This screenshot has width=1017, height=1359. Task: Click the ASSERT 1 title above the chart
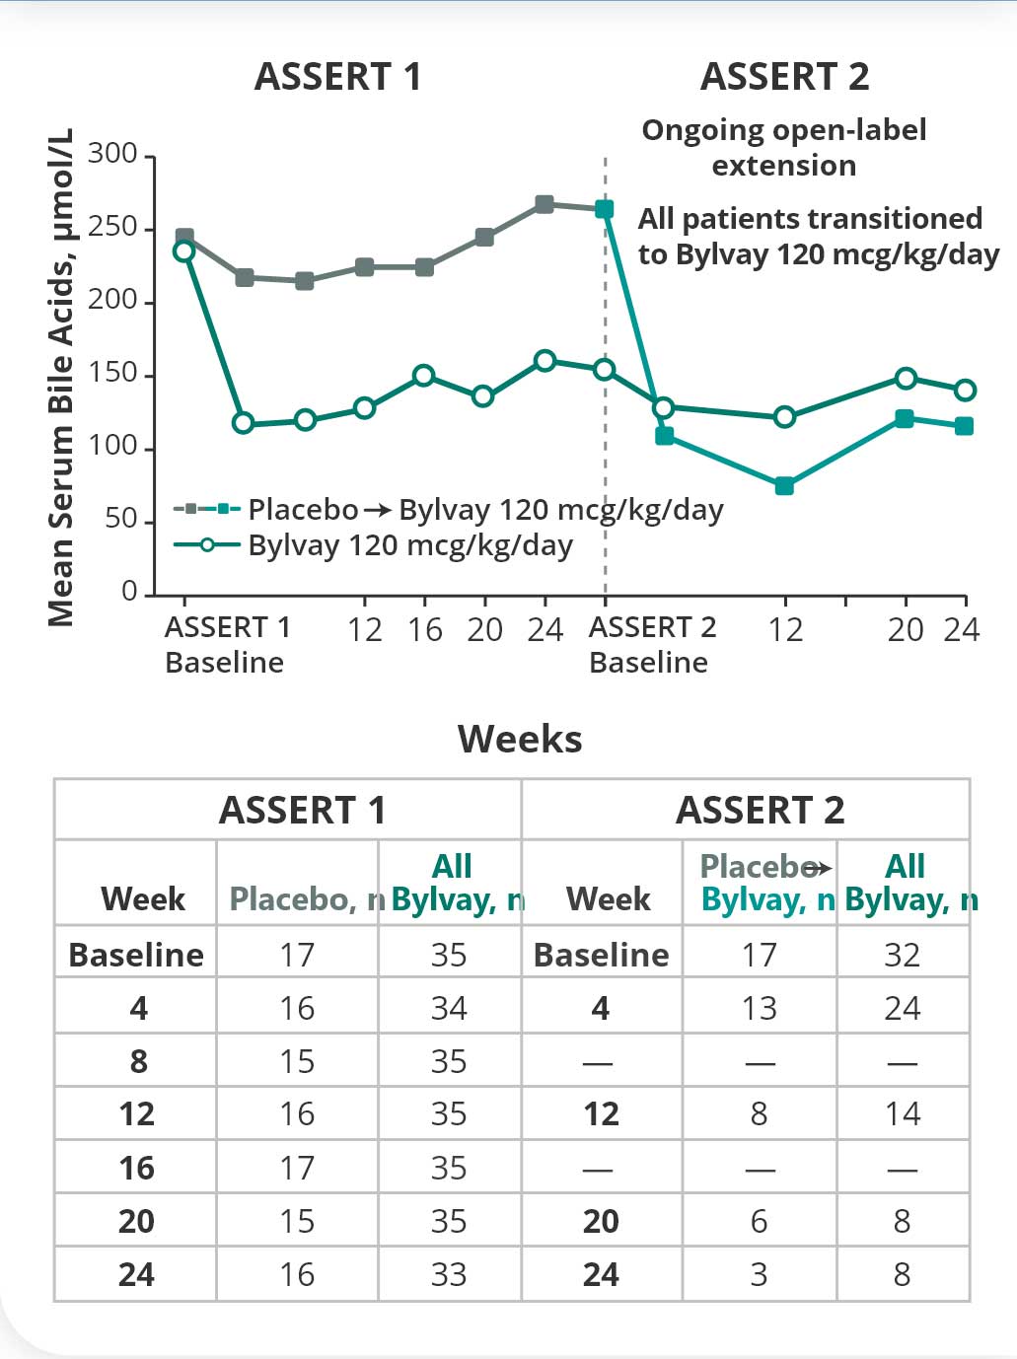pos(337,77)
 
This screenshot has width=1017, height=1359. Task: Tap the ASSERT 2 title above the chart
pos(784,77)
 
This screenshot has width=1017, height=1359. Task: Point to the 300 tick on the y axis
pos(112,154)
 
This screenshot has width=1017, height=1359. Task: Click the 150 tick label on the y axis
pos(112,374)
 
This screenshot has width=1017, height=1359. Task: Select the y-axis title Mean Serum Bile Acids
pos(61,377)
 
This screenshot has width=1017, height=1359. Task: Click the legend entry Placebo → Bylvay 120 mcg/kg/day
pos(449,509)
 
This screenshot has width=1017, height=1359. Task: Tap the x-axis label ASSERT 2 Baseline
pos(651,644)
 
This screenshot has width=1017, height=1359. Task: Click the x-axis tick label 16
pos(425,629)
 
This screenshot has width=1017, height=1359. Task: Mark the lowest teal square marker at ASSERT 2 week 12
pos(784,485)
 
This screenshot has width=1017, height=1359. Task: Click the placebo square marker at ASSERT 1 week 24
pos(545,204)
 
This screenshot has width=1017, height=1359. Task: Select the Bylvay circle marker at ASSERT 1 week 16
pos(424,375)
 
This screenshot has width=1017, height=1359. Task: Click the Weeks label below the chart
pos(520,740)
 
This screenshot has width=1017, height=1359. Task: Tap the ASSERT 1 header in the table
pos(302,811)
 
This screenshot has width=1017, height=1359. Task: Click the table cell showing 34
pos(449,1008)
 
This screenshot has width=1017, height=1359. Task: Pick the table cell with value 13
pos(759,1008)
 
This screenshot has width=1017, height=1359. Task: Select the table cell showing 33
pos(449,1274)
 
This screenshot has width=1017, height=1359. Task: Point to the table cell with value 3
pos(759,1274)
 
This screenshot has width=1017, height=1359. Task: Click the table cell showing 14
pos(903,1114)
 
